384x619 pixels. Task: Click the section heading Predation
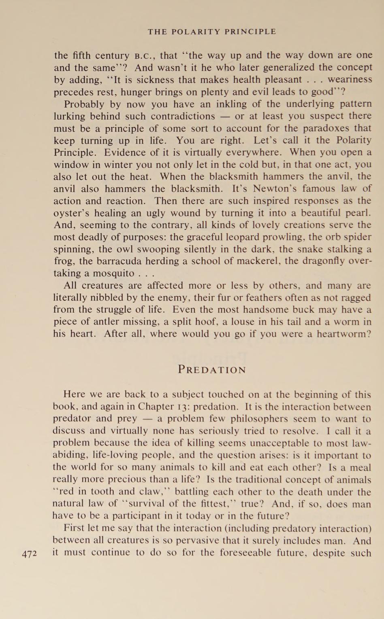[212, 370]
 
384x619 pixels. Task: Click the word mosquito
[113, 273]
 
